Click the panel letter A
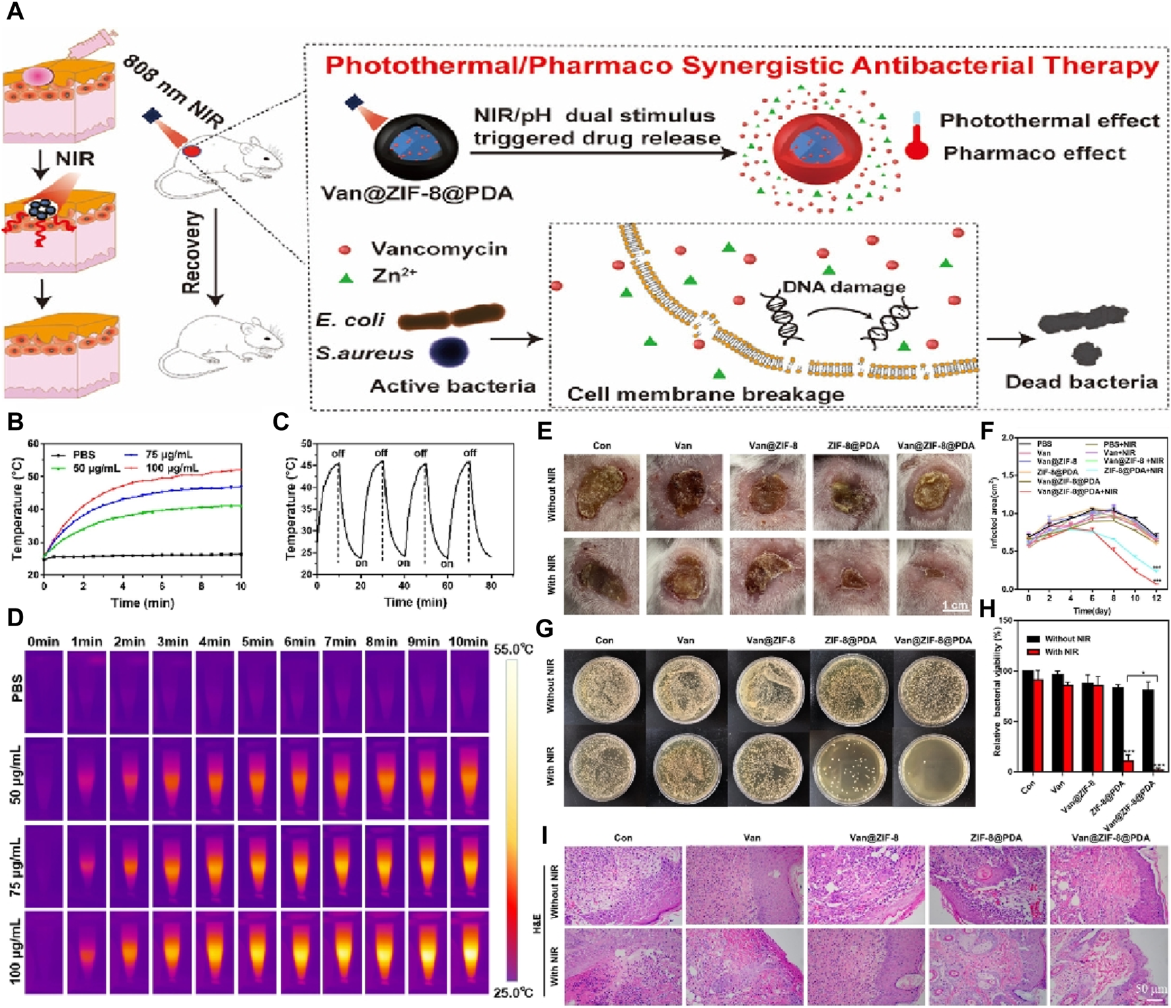(15, 11)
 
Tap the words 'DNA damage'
(843, 287)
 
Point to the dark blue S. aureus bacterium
(449, 351)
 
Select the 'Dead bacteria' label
(1081, 382)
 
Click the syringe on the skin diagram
(96, 43)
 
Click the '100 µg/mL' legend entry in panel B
(171, 468)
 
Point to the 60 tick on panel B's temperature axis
(33, 443)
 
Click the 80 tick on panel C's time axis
(490, 585)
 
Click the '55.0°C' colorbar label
(513, 650)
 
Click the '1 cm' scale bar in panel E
(955, 606)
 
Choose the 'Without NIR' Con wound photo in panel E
(601, 492)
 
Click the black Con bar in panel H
(1028, 721)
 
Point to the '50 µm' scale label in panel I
(1150, 989)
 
